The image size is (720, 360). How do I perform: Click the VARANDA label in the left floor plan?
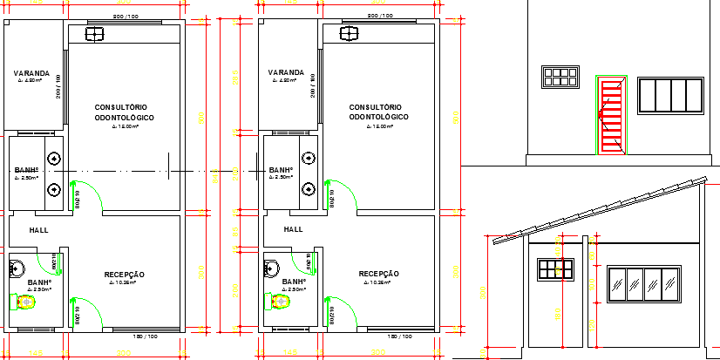click(31, 72)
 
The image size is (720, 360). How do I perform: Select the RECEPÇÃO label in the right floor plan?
click(379, 274)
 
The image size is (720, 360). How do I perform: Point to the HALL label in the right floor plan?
click(294, 229)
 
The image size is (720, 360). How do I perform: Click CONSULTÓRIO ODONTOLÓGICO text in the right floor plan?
click(378, 111)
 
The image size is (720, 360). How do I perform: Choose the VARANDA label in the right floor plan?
click(285, 72)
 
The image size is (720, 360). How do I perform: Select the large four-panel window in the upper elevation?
click(670, 95)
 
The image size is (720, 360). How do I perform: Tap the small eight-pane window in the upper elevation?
click(559, 77)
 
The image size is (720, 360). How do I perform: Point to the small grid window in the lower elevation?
click(552, 269)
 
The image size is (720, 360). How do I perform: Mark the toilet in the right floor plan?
click(280, 302)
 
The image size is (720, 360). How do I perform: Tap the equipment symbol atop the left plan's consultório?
click(92, 34)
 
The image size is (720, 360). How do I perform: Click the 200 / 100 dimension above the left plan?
click(125, 17)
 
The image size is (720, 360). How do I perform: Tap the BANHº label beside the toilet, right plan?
click(294, 282)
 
